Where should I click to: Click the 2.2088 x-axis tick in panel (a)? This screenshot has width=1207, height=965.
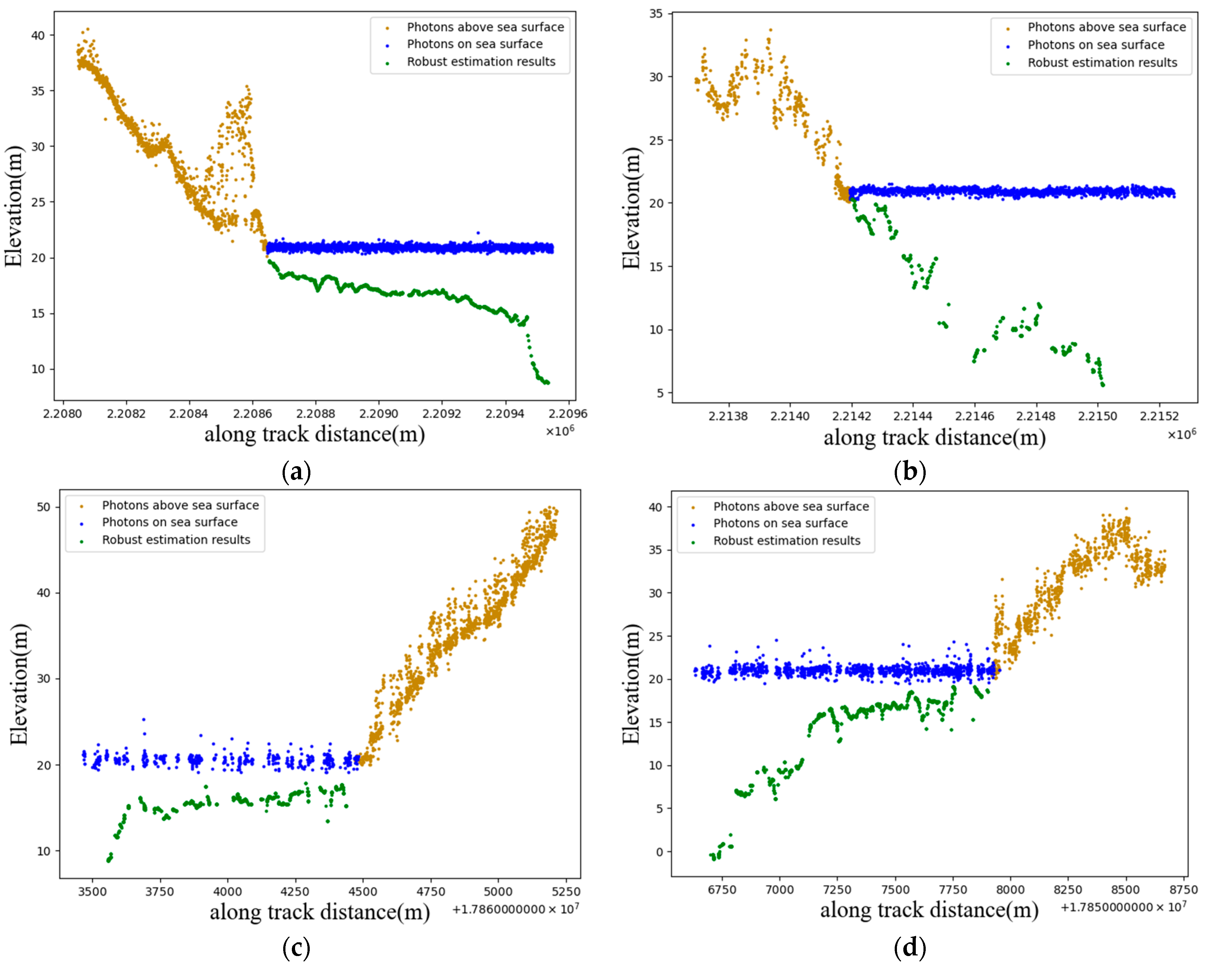[315, 413]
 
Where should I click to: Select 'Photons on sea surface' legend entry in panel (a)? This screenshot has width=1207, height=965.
[474, 44]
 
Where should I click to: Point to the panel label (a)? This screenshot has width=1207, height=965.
[296, 472]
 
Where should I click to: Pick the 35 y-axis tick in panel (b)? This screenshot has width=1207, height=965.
[656, 13]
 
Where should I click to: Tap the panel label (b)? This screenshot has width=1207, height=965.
[910, 472]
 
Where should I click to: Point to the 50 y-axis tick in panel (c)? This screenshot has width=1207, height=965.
[44, 507]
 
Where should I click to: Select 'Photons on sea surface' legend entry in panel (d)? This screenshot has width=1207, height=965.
[780, 523]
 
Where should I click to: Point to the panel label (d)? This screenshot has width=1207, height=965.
[910, 948]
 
